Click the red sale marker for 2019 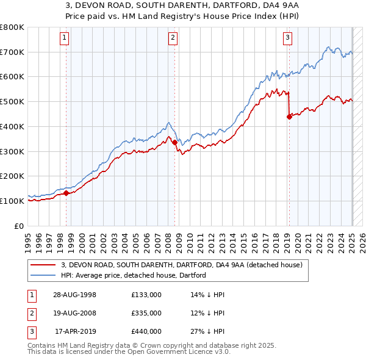coord(289,117)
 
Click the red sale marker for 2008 coord(174,142)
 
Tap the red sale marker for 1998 coord(66,193)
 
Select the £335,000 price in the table coord(146,313)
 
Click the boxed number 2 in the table coord(30,313)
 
